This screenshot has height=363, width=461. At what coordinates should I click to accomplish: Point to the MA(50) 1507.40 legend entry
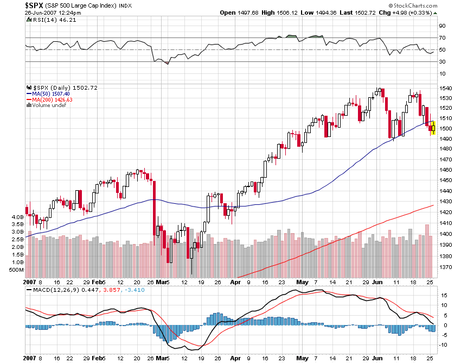click(x=52, y=93)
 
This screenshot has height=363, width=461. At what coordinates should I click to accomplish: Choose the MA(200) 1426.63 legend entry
click(x=52, y=99)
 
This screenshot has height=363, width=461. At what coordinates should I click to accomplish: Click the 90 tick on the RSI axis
click(x=442, y=26)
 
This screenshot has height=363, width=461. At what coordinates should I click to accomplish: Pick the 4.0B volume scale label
click(x=16, y=217)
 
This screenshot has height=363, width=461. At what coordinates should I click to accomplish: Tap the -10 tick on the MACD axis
click(x=443, y=345)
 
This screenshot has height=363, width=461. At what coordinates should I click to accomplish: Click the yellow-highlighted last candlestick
click(x=433, y=128)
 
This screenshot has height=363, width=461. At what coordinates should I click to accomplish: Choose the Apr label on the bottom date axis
click(x=235, y=282)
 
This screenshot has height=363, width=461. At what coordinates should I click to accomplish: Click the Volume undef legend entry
click(x=48, y=105)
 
